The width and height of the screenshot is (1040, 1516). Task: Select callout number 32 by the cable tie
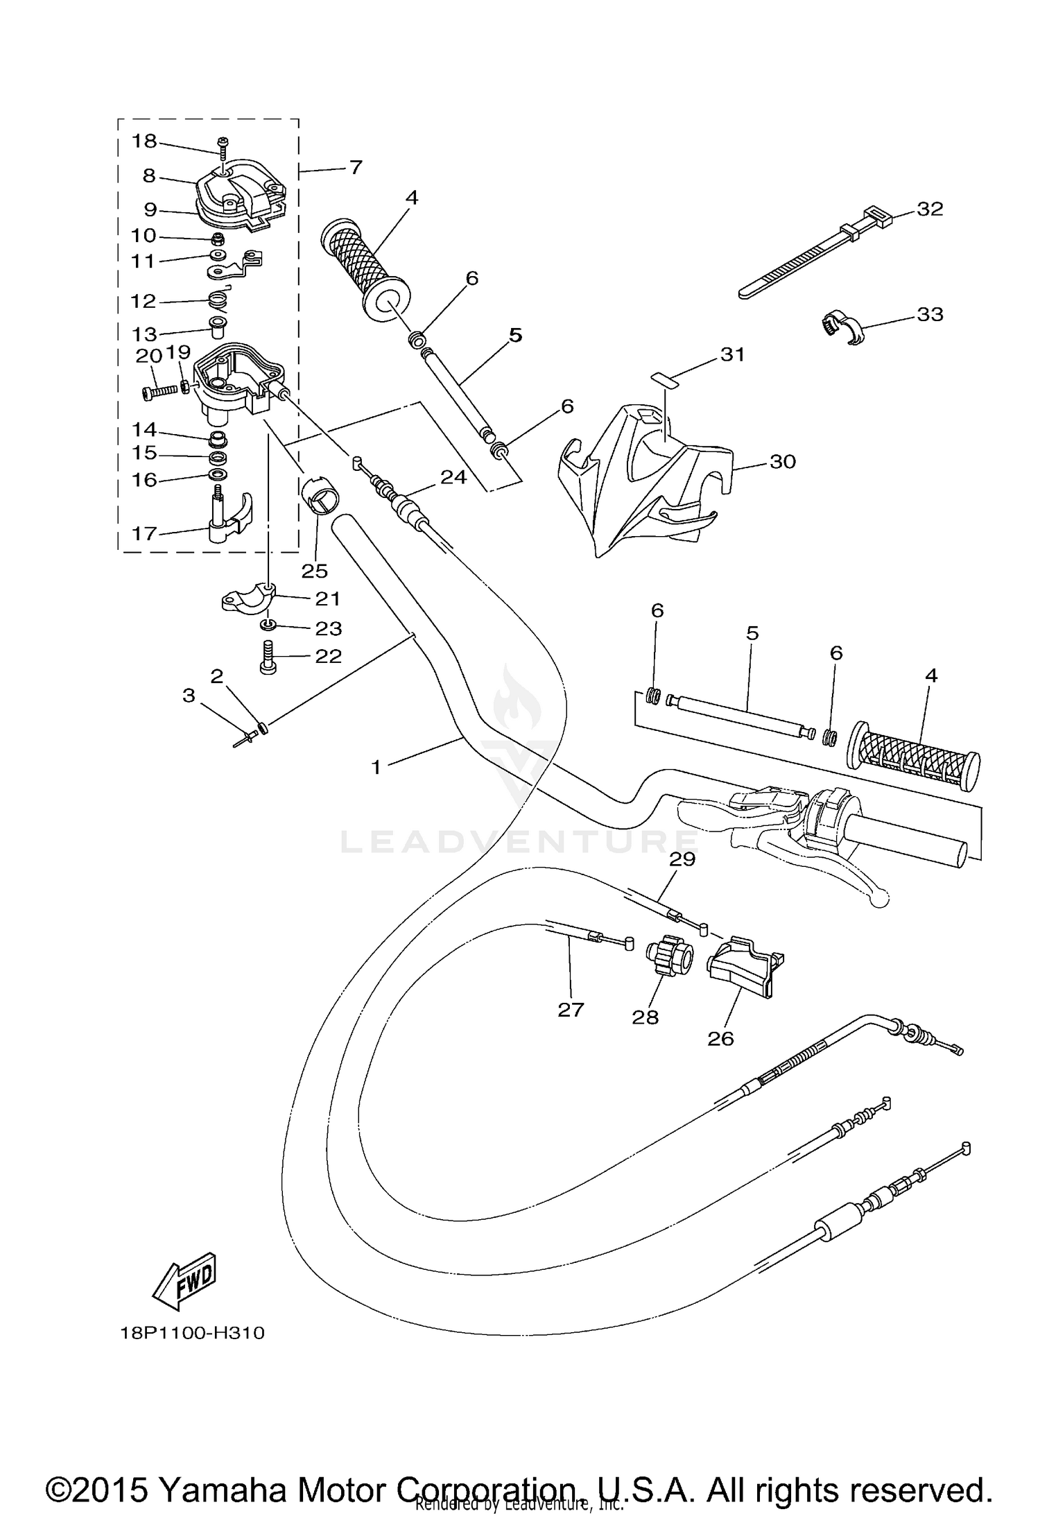tap(930, 209)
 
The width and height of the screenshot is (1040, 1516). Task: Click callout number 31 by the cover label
tap(732, 354)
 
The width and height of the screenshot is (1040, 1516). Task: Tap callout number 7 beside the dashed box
tap(355, 167)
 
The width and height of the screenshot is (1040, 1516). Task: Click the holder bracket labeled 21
tap(248, 598)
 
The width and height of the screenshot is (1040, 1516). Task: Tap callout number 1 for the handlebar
tap(376, 767)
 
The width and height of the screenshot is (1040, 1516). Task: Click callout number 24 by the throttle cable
tap(453, 476)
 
